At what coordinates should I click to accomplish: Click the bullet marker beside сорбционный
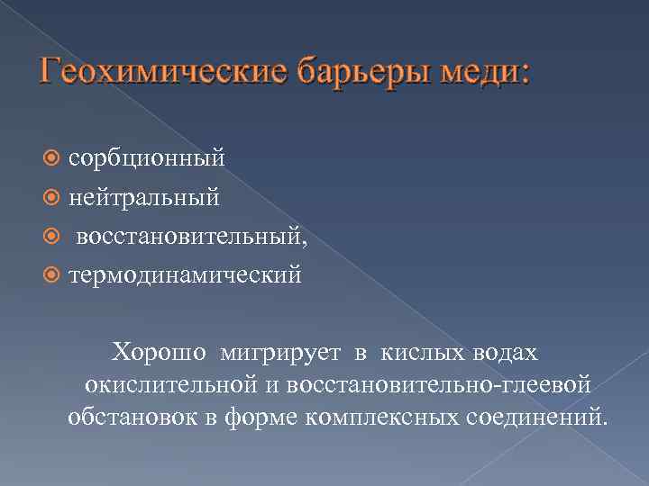(53, 158)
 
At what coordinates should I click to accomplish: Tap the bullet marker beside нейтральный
(53, 195)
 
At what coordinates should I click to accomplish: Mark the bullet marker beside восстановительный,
(53, 234)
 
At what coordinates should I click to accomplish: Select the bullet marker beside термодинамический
(53, 273)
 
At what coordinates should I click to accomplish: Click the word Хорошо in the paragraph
(159, 349)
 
